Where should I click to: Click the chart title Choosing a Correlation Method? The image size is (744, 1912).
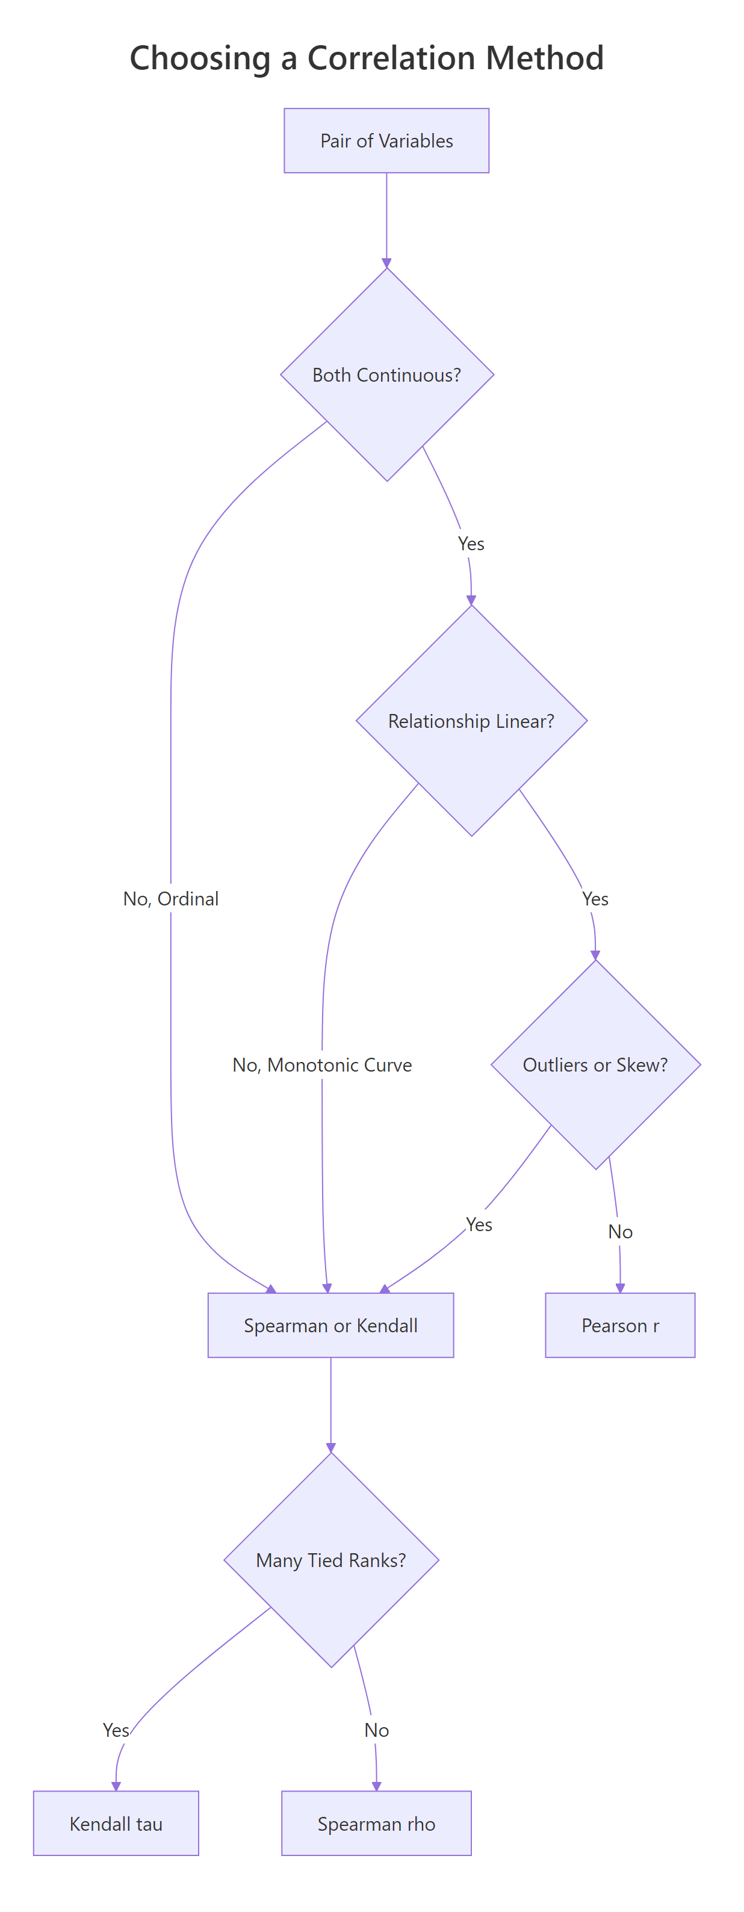(x=367, y=58)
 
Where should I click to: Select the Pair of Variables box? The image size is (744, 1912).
(x=386, y=141)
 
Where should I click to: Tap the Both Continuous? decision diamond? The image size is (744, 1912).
(x=386, y=375)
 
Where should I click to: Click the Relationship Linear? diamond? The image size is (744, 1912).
(x=471, y=721)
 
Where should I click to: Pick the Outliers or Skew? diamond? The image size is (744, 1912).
(x=595, y=1064)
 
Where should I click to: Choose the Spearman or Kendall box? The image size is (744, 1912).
(x=330, y=1325)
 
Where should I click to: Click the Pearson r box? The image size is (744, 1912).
(x=620, y=1325)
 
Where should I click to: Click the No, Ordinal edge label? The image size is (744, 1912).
(x=171, y=899)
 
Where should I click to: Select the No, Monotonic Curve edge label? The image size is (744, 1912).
(x=321, y=1064)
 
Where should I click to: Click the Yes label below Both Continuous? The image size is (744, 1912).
(x=471, y=544)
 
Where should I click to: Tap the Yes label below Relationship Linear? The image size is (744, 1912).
(x=595, y=899)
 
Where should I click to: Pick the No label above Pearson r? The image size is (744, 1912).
(x=620, y=1232)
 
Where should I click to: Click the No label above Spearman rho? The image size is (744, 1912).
(x=376, y=1730)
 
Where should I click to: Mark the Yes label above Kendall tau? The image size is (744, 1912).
(x=116, y=1730)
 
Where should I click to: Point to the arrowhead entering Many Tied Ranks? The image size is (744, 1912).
(x=331, y=1447)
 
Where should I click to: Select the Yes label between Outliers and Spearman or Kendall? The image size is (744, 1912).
(x=479, y=1224)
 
